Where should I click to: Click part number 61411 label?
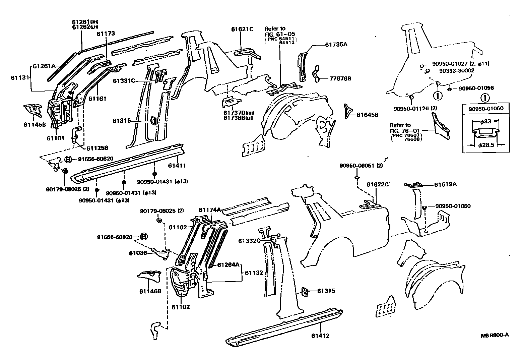pyautogui.click(x=177, y=166)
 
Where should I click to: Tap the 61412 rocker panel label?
pyautogui.click(x=320, y=336)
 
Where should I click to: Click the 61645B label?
pyautogui.click(x=367, y=115)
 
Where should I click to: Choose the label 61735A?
pyautogui.click(x=336, y=44)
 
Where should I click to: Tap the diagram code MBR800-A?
pyautogui.click(x=495, y=335)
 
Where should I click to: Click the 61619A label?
pyautogui.click(x=446, y=184)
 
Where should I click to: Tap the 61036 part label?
pyautogui.click(x=138, y=253)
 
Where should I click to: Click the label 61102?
pyautogui.click(x=181, y=307)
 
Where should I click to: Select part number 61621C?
pyautogui.click(x=242, y=29)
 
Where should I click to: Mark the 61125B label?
pyautogui.click(x=97, y=148)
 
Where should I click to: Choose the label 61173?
pyautogui.click(x=106, y=34)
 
